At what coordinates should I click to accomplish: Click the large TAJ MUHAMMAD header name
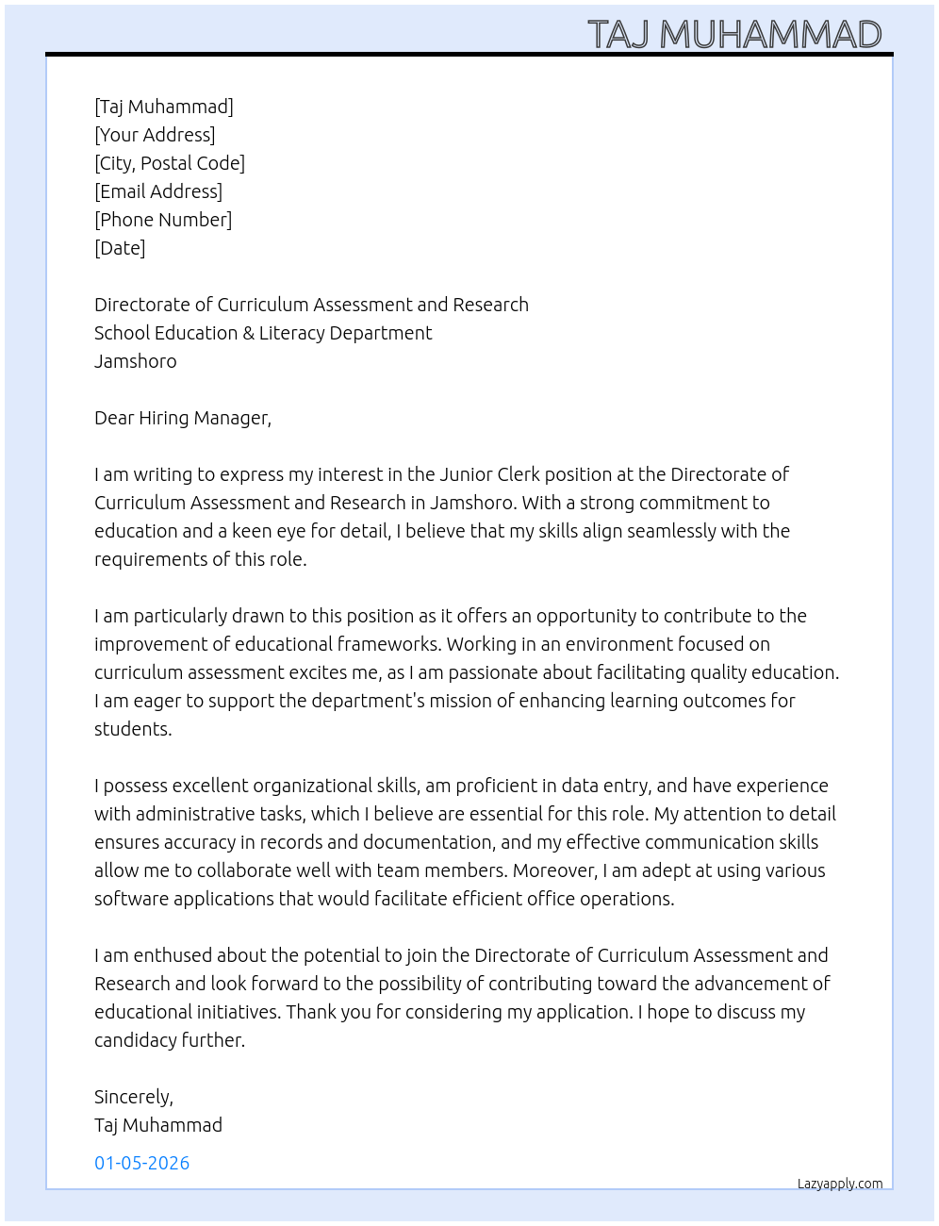point(734,35)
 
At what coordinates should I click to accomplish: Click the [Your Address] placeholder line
point(155,135)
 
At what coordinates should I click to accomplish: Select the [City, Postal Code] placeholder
point(170,163)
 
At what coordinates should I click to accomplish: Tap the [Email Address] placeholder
point(158,191)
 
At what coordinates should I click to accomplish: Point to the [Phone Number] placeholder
point(163,220)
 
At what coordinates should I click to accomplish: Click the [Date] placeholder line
point(120,248)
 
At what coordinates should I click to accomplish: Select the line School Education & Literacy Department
point(263,333)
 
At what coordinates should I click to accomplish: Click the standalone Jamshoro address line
point(135,361)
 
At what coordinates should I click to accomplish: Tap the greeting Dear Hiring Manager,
point(183,418)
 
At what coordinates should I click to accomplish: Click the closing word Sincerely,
point(134,1097)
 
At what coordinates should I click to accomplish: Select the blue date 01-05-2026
point(142,1163)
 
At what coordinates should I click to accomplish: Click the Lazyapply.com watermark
point(840,1184)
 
